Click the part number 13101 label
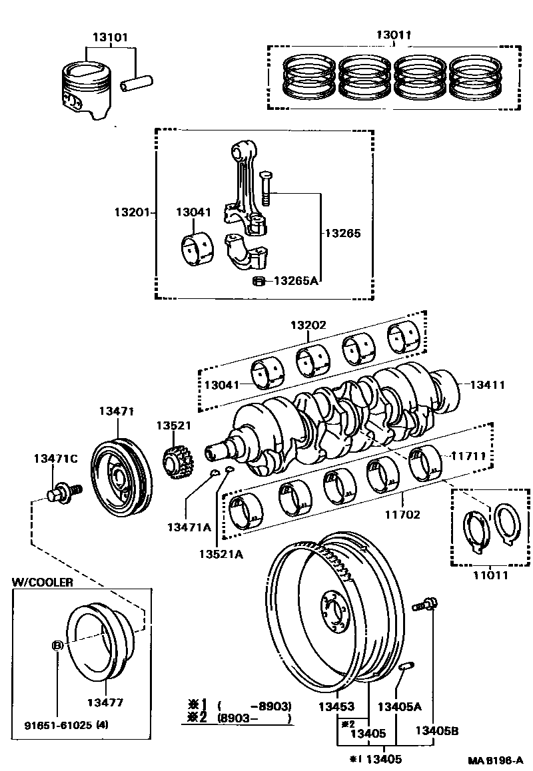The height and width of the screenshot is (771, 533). [111, 37]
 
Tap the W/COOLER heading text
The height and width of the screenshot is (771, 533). [43, 581]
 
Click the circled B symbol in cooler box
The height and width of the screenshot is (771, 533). [58, 645]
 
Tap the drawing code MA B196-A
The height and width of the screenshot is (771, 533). [496, 760]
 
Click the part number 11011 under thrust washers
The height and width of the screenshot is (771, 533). [490, 572]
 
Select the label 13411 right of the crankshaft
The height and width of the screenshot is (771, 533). [488, 384]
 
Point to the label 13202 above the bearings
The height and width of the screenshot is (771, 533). [308, 326]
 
